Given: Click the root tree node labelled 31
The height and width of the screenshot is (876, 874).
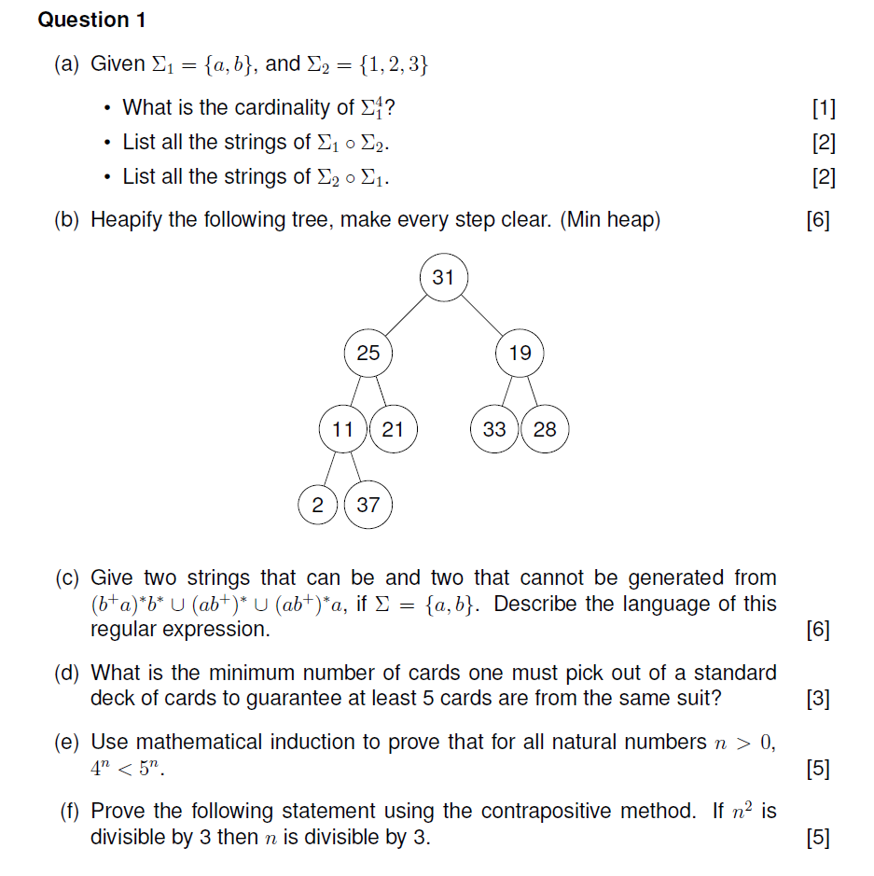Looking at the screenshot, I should (443, 277).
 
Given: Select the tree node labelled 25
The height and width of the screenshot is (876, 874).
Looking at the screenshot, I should (368, 353).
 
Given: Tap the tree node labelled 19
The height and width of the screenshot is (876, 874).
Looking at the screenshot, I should (520, 353).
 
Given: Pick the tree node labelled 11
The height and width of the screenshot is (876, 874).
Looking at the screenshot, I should (343, 429).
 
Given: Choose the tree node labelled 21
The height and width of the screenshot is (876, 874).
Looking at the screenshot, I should (393, 429).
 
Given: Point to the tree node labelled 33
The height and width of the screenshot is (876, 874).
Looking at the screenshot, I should (494, 429).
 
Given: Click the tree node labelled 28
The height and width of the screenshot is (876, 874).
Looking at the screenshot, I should (545, 429).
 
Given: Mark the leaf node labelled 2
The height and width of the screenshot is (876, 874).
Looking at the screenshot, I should (318, 505).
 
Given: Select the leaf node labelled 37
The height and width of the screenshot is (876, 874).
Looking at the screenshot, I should (368, 505).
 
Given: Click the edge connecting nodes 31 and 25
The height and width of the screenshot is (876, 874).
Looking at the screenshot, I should (406, 315).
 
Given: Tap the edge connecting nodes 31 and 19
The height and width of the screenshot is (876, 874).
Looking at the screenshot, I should (481, 315).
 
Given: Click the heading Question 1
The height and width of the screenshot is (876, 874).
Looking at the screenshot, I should (91, 20).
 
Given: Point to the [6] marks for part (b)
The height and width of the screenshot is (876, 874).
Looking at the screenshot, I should (817, 221).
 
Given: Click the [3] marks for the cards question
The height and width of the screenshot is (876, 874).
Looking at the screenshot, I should (817, 698).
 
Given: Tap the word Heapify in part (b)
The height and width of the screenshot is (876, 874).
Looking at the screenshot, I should (122, 221).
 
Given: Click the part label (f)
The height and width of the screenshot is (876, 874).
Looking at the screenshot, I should (68, 812).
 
